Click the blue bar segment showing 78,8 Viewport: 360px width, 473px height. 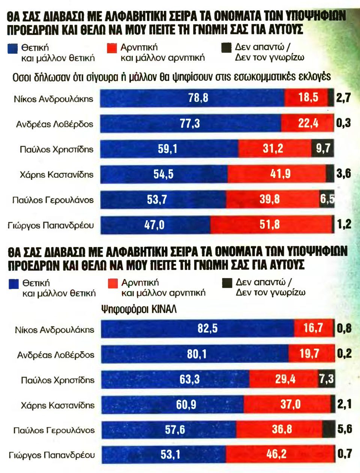tap(192, 98)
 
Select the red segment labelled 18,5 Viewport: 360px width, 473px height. tap(306, 98)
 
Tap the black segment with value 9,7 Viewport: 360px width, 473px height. tap(322, 149)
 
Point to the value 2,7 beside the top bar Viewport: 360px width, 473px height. tap(343, 98)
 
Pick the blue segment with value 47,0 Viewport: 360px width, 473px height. tap(155, 225)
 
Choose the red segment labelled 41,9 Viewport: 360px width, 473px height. tap(277, 174)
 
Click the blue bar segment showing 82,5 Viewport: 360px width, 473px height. tap(198, 329)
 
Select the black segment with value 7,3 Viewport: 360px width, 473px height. tap(326, 379)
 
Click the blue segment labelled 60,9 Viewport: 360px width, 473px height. tap(172, 405)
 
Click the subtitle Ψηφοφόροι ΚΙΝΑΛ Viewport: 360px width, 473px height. tap(139, 310)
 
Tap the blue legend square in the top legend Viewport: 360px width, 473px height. tap(13, 49)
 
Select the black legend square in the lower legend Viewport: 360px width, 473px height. tap(227, 283)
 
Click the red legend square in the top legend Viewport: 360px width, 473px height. tap(112, 48)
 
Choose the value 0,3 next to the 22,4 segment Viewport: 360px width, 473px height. tap(343, 123)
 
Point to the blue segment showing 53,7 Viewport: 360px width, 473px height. tap(163, 199)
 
